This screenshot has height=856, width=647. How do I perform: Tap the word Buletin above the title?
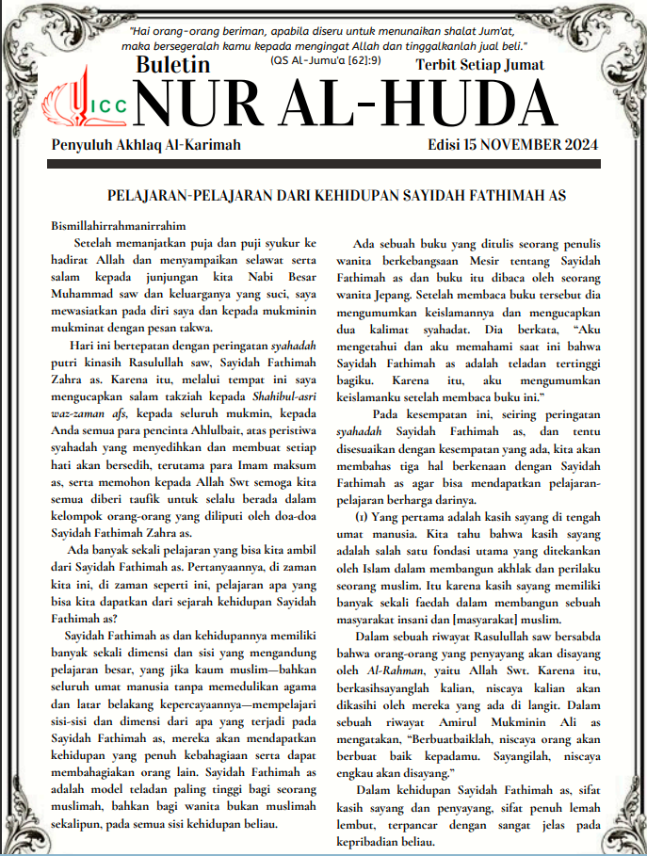click(173, 66)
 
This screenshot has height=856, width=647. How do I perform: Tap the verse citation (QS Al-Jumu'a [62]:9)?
click(325, 59)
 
